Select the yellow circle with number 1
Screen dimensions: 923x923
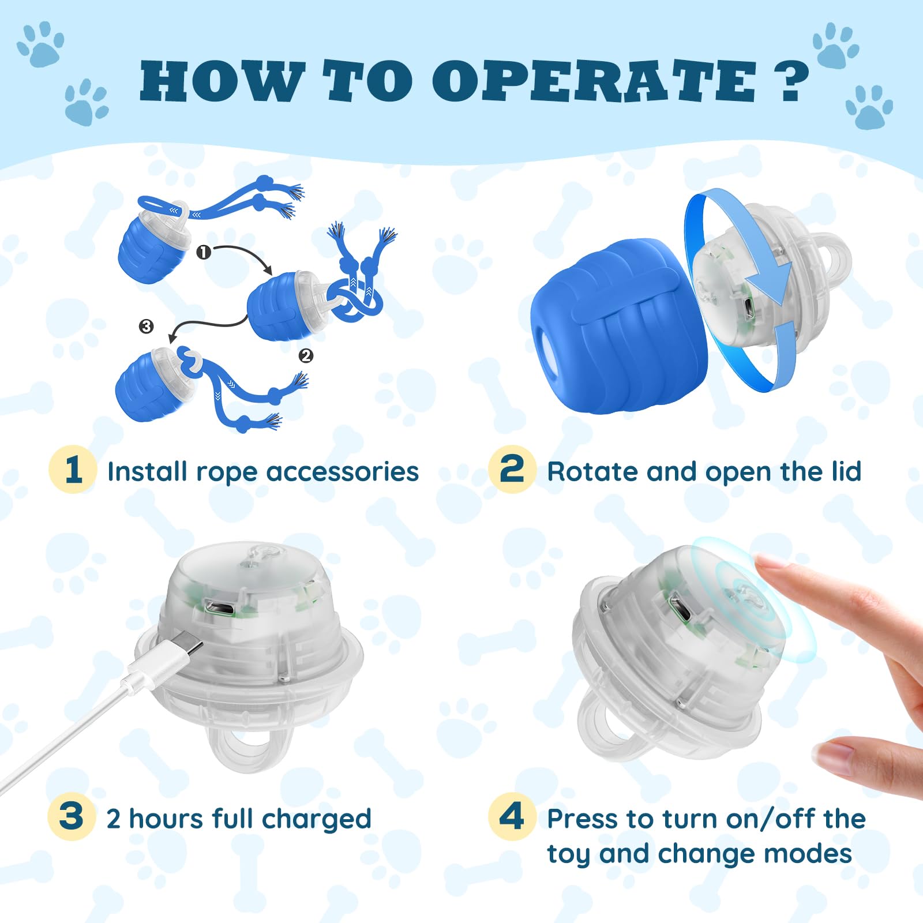pos(73,470)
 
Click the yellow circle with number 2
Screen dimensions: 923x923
pos(512,470)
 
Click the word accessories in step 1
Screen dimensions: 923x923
pos(342,472)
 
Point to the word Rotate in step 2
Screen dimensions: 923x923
pos(593,472)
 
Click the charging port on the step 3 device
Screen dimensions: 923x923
pos(218,607)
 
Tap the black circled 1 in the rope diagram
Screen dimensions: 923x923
pos(204,252)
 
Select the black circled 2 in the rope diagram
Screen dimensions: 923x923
pos(306,356)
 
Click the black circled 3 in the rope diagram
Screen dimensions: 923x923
pos(147,327)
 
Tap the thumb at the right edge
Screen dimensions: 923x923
pos(865,761)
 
